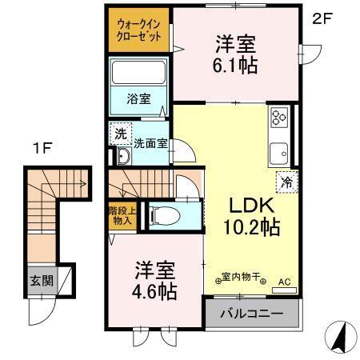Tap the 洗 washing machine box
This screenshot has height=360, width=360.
coord(120,134)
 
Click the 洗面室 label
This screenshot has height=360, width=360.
coord(150,145)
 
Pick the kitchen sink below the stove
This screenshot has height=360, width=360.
coord(279,151)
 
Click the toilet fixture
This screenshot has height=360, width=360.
coord(159,215)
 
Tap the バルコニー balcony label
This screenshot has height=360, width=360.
coord(253,314)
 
